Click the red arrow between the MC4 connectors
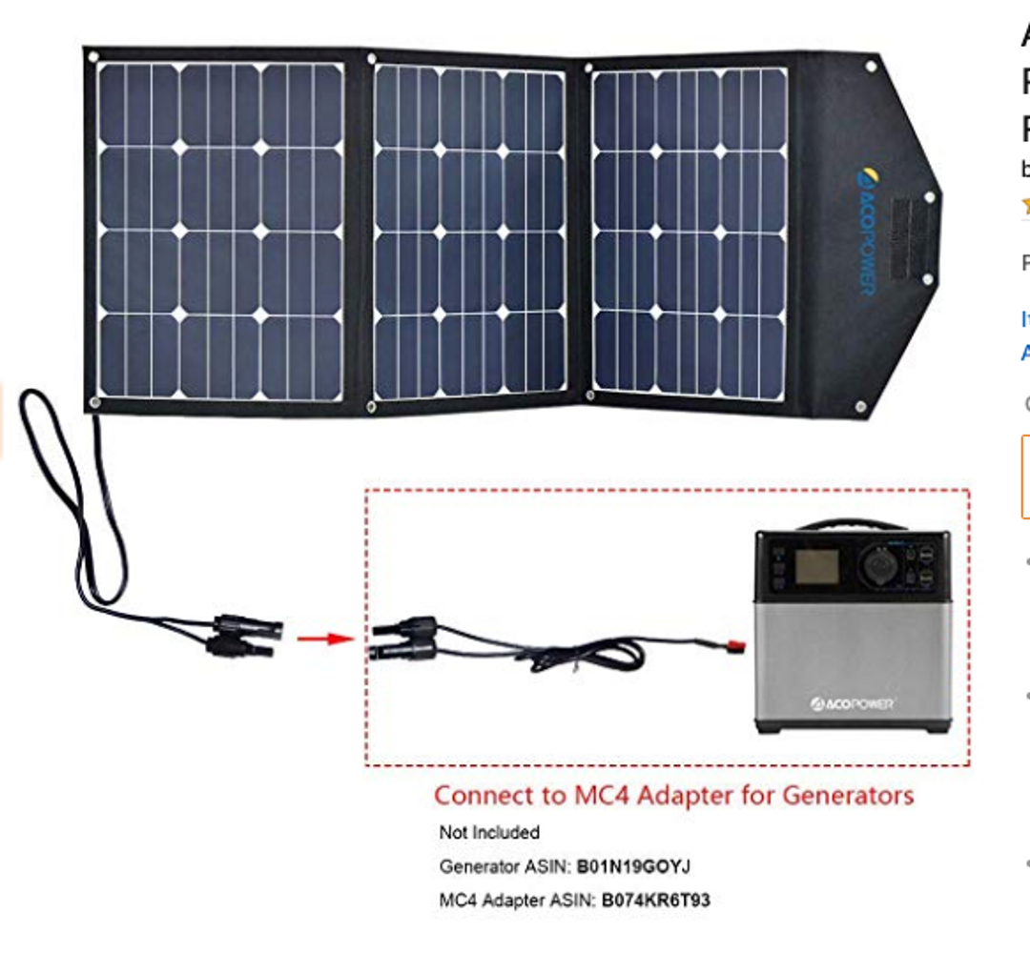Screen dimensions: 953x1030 point(319,637)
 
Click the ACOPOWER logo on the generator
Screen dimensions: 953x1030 point(853,703)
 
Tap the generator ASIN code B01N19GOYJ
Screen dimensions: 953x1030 point(633,866)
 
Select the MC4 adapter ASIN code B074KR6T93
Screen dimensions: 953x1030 point(656,900)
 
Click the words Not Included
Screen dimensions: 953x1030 point(489,832)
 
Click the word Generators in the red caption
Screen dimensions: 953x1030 point(848,794)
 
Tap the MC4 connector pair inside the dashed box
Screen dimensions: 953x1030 point(404,639)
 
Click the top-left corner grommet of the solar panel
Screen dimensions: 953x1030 point(93,57)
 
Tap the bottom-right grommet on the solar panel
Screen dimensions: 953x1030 point(860,407)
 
